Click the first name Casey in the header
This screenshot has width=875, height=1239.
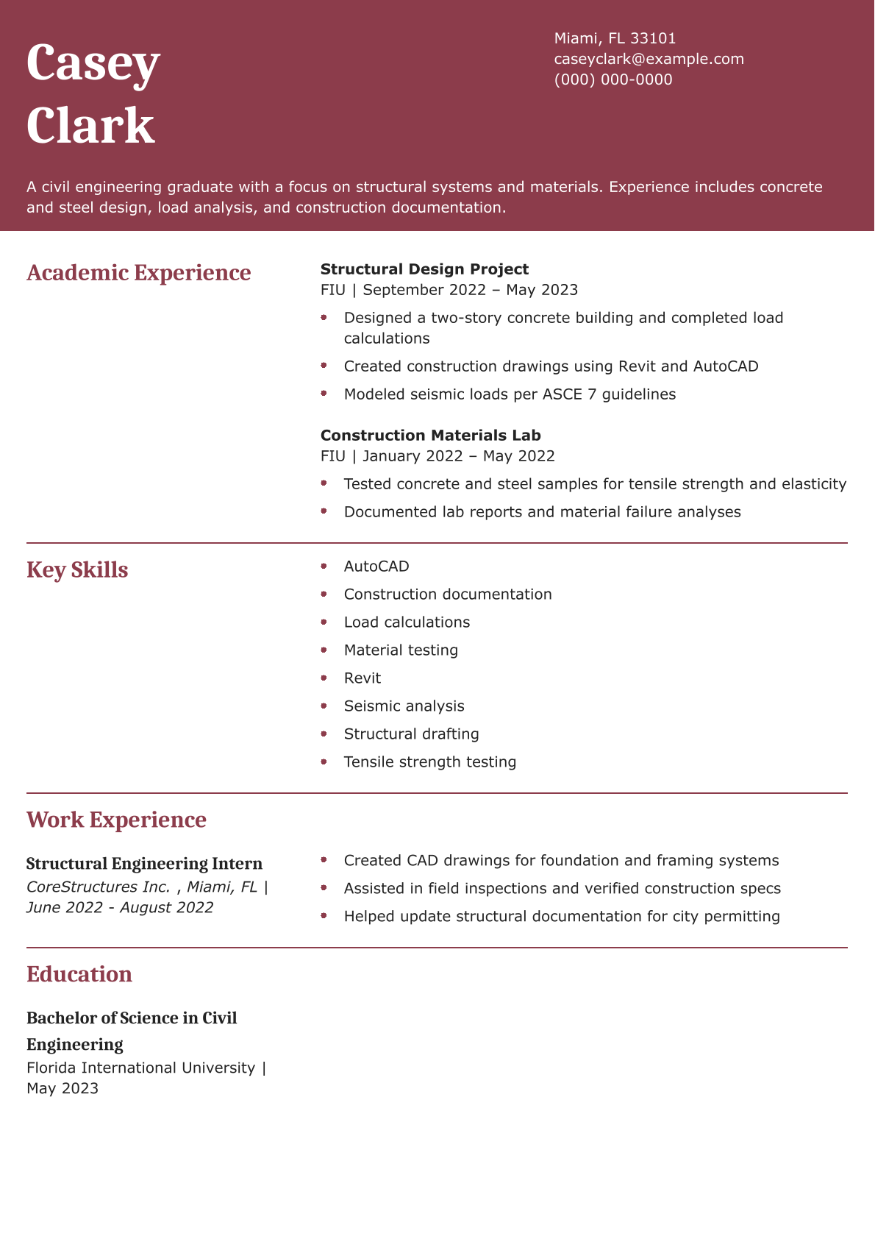(93, 65)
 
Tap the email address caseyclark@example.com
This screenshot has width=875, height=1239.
(649, 59)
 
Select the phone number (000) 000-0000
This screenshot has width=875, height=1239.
(613, 79)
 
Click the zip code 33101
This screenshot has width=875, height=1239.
(653, 38)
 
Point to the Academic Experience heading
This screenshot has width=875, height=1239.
(138, 273)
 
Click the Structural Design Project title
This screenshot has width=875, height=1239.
(424, 269)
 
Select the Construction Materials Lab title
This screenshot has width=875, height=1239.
(430, 436)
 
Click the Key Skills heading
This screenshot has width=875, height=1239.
(77, 570)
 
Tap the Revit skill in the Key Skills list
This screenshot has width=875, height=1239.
(362, 678)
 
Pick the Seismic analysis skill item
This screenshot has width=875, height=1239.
(404, 706)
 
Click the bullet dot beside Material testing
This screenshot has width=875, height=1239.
(324, 650)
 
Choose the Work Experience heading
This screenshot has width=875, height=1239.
(116, 820)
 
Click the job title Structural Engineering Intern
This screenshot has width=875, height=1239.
(144, 864)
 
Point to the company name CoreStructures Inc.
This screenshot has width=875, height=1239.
(99, 887)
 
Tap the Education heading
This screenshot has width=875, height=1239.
(79, 975)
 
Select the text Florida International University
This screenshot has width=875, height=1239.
(140, 1068)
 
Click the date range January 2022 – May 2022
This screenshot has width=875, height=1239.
(459, 456)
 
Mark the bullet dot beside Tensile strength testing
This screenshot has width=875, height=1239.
(324, 762)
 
